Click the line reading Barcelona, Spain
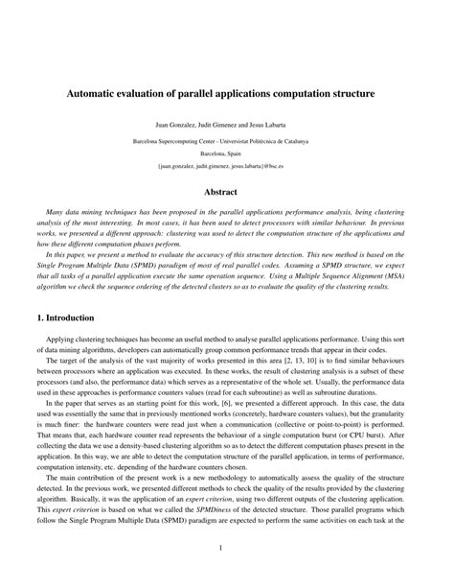(x=227, y=153)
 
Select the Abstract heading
(x=227, y=191)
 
